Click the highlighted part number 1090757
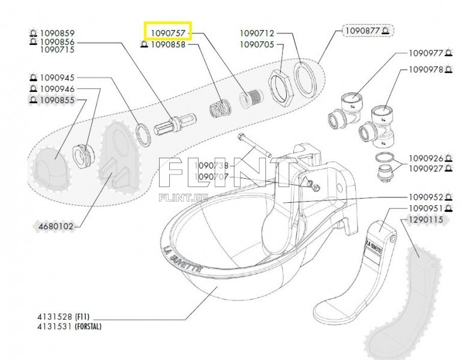tap(168, 31)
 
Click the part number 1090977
tap(426, 53)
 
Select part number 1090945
tap(58, 77)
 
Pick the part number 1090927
tap(426, 169)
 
